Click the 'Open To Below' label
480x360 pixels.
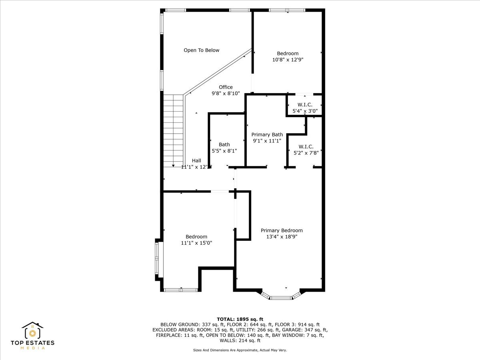(x=201, y=50)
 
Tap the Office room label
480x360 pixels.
(x=226, y=87)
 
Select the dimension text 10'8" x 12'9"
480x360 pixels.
(x=288, y=60)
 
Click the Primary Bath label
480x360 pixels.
(x=267, y=135)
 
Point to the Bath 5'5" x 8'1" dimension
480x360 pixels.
(x=224, y=151)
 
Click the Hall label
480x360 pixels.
(x=196, y=161)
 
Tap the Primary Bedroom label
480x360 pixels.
(x=282, y=230)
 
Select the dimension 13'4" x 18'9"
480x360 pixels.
(x=282, y=237)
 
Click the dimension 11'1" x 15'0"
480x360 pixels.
(x=196, y=243)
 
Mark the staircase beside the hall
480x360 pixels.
(x=173, y=130)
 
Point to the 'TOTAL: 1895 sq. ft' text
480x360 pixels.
(x=240, y=318)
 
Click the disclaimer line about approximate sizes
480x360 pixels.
(x=240, y=350)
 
